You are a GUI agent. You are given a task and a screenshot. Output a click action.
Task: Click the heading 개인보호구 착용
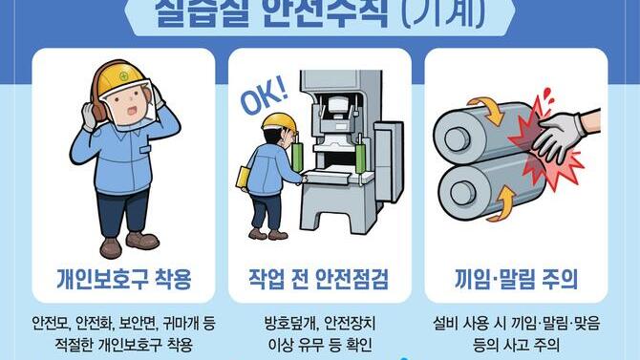click(x=123, y=280)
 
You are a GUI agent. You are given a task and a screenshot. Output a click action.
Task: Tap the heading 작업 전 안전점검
click(x=320, y=280)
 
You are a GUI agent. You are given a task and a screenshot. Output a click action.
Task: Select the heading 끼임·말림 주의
click(x=516, y=280)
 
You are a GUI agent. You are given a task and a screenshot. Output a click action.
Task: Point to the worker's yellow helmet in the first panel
click(x=118, y=77)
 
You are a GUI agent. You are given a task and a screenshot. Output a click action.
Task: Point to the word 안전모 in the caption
click(x=51, y=321)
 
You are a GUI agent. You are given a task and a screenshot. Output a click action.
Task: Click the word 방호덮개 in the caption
click(x=289, y=321)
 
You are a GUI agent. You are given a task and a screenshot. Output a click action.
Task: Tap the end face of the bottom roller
click(x=458, y=191)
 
